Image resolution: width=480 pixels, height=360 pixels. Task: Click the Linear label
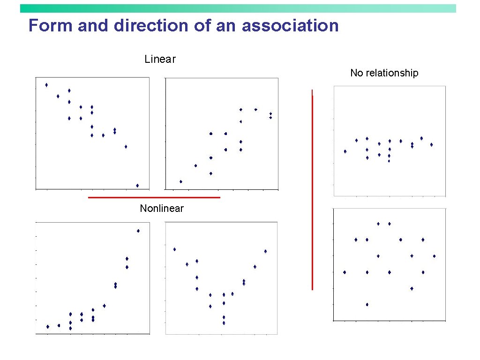coord(160,60)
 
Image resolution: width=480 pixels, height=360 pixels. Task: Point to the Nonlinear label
coord(162,209)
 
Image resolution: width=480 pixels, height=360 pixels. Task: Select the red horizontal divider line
coord(154,198)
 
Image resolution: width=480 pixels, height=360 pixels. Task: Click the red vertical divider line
coord(312,192)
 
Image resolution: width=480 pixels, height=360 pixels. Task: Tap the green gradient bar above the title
coord(238,8)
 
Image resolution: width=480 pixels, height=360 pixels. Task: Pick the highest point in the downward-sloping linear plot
coord(46,85)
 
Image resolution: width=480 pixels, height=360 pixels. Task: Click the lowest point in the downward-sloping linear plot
coord(137,186)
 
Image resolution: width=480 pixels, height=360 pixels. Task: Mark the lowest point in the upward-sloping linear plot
coord(181,181)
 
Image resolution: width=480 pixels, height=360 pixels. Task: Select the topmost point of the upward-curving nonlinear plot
coord(138,231)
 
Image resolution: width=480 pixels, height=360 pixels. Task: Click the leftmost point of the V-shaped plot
coord(174,249)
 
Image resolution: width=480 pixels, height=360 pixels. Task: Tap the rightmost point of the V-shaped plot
coord(265,251)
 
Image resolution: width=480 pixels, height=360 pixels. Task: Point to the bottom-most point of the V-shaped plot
coord(224,323)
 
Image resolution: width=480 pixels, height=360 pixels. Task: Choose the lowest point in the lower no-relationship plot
coord(367,305)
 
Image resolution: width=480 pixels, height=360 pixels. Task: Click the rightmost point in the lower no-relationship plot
coord(434,256)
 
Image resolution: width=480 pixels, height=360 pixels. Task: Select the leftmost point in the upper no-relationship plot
coord(345,151)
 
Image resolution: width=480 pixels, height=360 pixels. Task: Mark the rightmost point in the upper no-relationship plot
coord(431,145)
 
